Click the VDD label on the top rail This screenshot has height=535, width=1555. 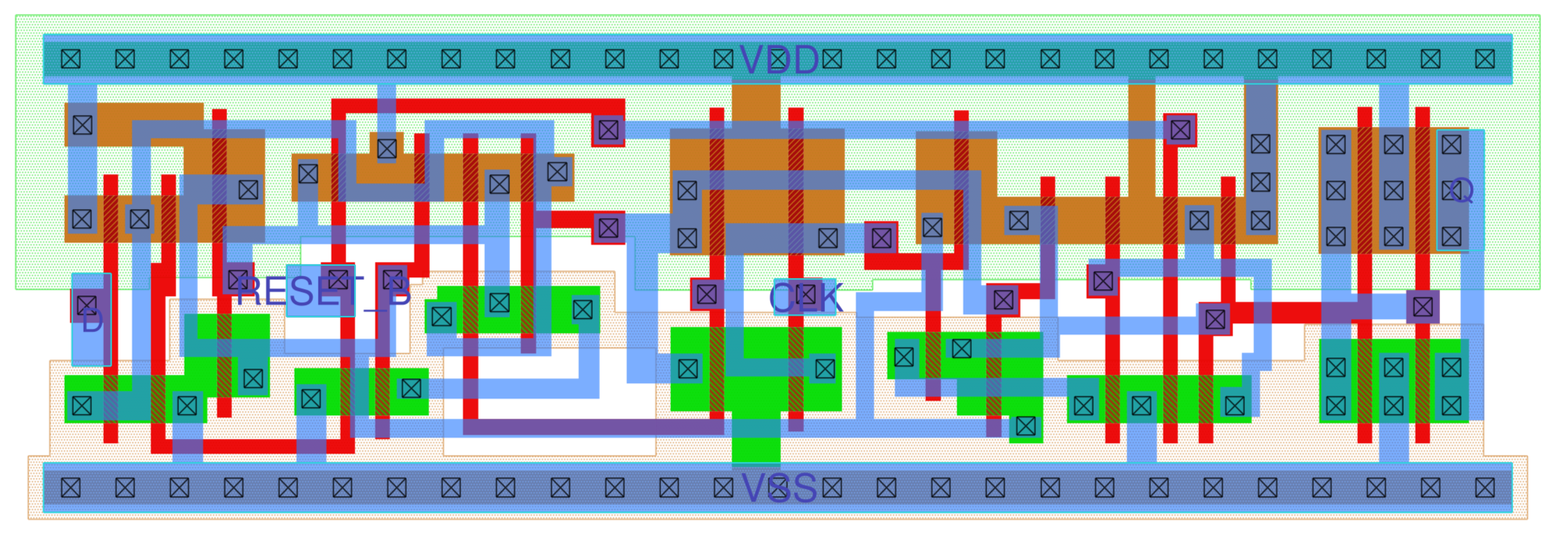click(778, 60)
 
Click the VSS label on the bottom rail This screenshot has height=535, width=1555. click(778, 488)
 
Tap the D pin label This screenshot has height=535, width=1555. click(92, 322)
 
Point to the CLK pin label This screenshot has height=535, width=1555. click(805, 298)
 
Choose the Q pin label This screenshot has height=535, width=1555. click(1461, 190)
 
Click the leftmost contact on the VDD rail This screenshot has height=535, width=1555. click(70, 59)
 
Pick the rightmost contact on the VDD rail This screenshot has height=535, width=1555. click(1485, 59)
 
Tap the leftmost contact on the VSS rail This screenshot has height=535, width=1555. click(70, 488)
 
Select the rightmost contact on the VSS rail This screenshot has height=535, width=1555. click(1485, 488)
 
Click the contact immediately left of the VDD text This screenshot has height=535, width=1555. click(723, 59)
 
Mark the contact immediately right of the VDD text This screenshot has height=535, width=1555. click(832, 59)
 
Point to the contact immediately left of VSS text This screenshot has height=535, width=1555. click(723, 488)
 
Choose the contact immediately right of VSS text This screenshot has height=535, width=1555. click(832, 488)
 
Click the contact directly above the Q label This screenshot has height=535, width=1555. click(1451, 144)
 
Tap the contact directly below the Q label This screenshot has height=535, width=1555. click(1451, 237)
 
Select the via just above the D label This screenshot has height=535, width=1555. click(86, 304)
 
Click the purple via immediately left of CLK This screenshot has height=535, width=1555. click(706, 294)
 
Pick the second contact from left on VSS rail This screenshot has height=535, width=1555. click(125, 488)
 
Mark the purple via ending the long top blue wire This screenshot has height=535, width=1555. click(1180, 130)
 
